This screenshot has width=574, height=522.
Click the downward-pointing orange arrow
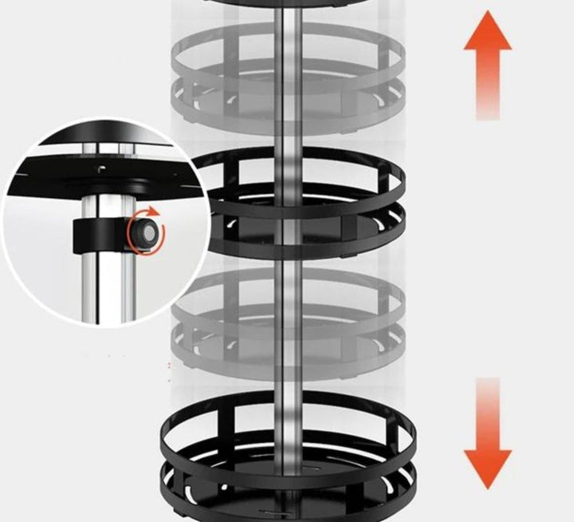click(487, 435)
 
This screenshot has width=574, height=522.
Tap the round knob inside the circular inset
click(143, 231)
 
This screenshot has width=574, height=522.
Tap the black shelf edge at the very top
click(287, 3)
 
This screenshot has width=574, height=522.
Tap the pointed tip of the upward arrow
click(487, 16)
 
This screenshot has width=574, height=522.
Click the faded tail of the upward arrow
click(487, 108)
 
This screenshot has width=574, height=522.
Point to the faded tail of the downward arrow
click(487, 391)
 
